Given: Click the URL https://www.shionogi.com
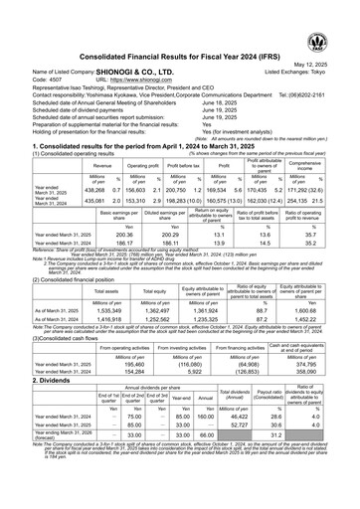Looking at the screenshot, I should click(131, 54).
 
